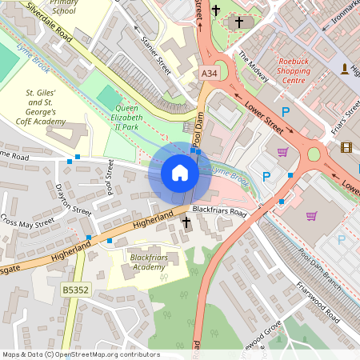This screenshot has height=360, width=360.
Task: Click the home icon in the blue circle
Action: [x=180, y=173]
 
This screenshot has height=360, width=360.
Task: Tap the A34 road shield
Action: [x=209, y=74]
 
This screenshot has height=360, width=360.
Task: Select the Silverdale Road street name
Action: [x=50, y=26]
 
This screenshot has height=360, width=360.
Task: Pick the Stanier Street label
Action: [x=156, y=54]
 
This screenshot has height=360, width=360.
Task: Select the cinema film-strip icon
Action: [x=346, y=146]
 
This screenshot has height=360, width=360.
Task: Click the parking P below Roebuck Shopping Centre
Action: [x=285, y=113]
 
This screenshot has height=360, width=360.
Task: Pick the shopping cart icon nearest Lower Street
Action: [x=282, y=152]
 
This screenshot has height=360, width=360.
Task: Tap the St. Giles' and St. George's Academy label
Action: [x=46, y=108]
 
